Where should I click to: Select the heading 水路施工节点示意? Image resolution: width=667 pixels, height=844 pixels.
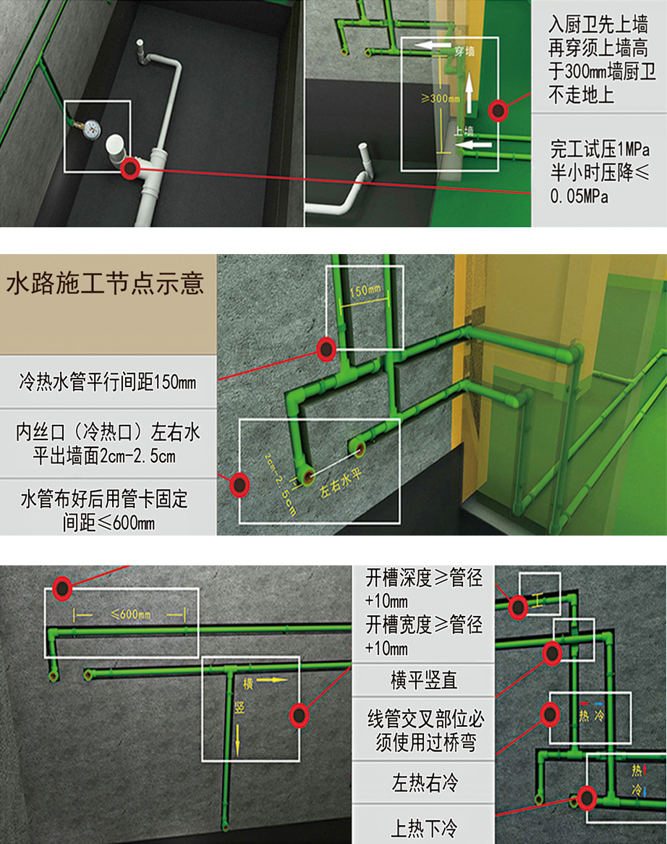pyautogui.click(x=105, y=283)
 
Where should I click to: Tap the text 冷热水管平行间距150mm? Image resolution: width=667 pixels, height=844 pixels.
pyautogui.click(x=108, y=381)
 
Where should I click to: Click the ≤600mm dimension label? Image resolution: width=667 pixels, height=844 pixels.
pyautogui.click(x=131, y=615)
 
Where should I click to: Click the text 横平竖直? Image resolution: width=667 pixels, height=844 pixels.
pyautogui.click(x=423, y=680)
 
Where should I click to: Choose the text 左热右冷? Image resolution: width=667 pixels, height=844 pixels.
pyautogui.click(x=423, y=782)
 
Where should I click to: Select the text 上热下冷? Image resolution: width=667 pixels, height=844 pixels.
pyautogui.click(x=423, y=827)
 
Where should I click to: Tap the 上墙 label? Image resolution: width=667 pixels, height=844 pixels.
pyautogui.click(x=464, y=131)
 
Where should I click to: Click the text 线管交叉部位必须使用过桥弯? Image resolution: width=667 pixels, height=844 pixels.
pyautogui.click(x=423, y=731)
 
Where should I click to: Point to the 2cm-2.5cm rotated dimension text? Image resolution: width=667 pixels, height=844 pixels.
pyautogui.click(x=279, y=481)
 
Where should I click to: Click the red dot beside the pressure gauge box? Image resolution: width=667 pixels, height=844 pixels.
pyautogui.click(x=130, y=168)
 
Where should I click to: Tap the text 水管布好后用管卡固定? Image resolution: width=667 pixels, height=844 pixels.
pyautogui.click(x=108, y=499)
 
